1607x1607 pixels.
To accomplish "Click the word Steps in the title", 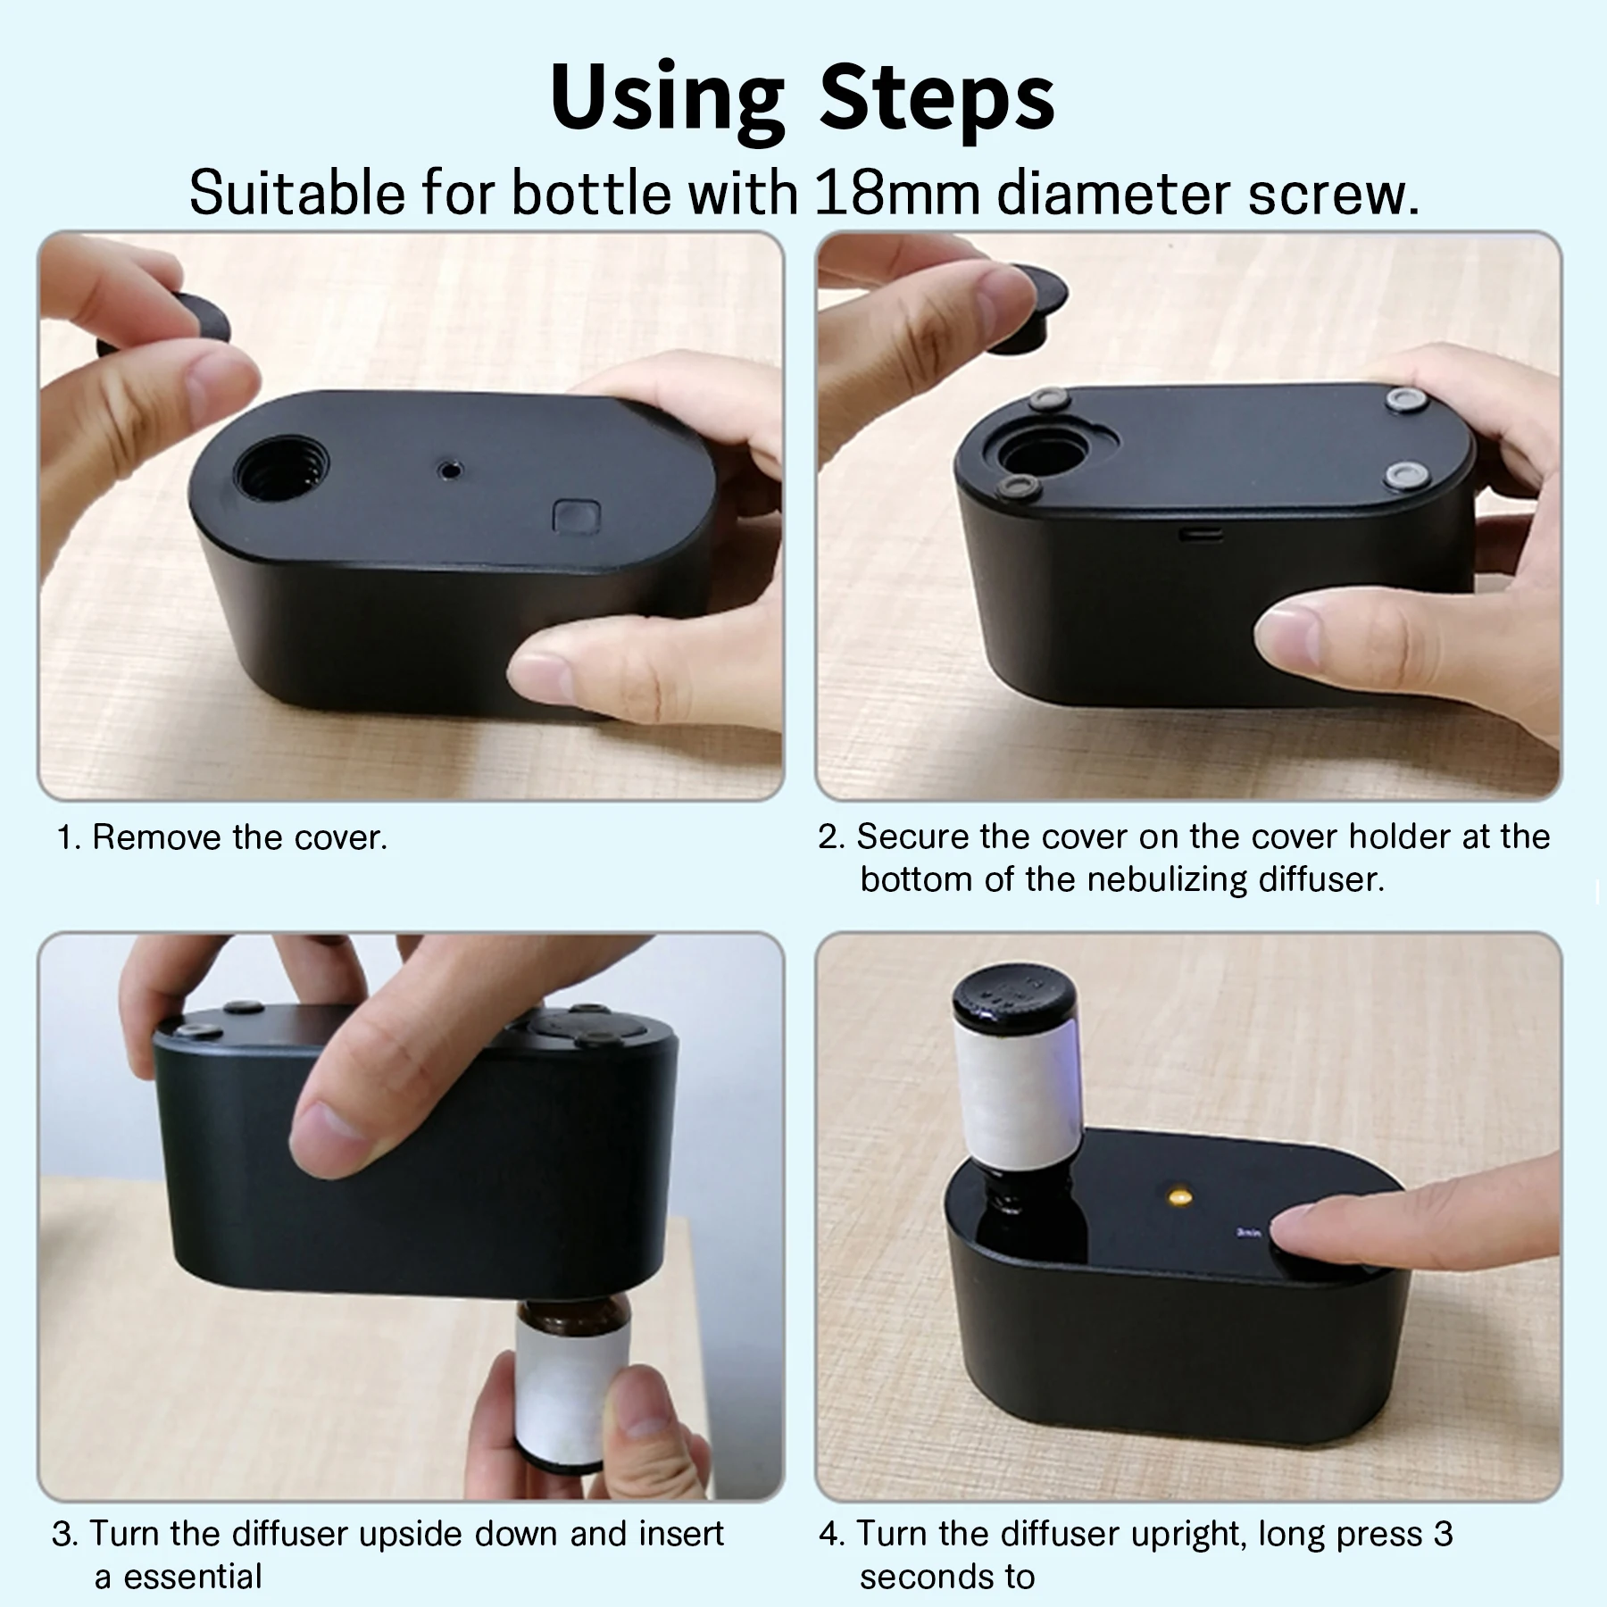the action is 937,98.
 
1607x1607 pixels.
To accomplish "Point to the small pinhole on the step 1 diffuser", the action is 449,468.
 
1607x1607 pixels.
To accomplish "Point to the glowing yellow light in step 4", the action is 1183,1195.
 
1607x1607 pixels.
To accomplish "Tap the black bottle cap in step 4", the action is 1007,997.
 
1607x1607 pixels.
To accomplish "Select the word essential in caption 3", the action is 193,1577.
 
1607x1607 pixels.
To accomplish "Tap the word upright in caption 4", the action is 1178,1535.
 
